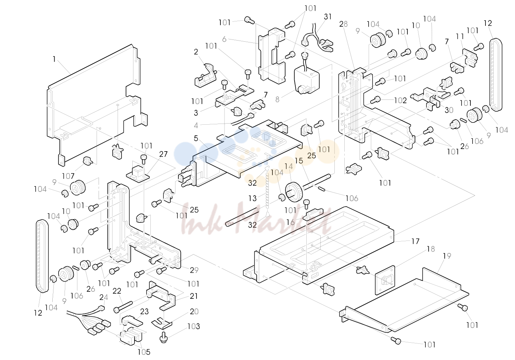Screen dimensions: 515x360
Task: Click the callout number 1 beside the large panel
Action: tap(54, 59)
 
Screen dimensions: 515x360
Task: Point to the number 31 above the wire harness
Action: tap(328, 17)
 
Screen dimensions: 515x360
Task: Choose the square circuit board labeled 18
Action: tap(385, 280)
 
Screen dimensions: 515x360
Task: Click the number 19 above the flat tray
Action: tap(447, 256)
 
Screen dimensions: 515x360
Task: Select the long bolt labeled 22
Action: tap(123, 307)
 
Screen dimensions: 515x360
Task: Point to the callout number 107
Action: tap(68, 176)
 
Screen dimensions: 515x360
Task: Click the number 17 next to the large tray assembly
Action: tap(415, 241)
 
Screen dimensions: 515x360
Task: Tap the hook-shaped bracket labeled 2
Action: tap(206, 76)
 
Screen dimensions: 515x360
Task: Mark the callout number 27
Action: tap(163, 154)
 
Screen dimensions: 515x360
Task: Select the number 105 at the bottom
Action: tap(144, 352)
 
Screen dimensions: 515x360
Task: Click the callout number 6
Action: tap(224, 39)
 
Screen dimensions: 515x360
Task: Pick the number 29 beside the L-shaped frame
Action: tap(194, 270)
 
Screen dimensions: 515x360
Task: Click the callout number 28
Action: tap(344, 24)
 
